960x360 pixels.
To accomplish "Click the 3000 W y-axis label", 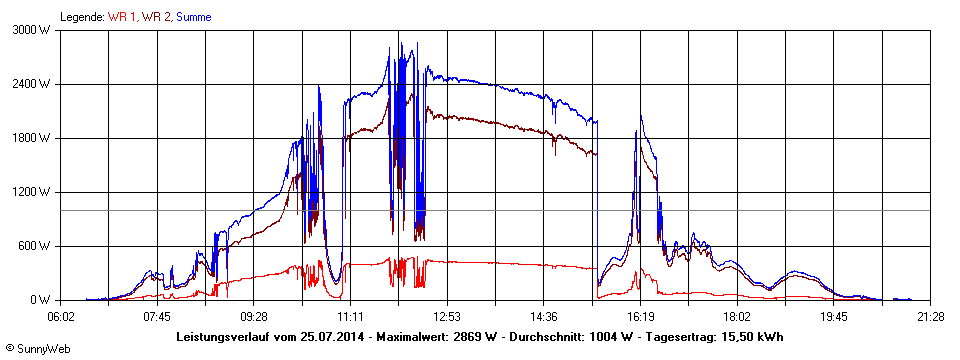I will pyautogui.click(x=32, y=30).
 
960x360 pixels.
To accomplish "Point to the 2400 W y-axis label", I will pyautogui.click(x=32, y=84).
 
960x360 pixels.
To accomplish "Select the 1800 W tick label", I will pyautogui.click(x=32, y=138).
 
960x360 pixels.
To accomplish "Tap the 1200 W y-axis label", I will pyautogui.click(x=32, y=192).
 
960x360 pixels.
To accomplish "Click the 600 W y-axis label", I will pyautogui.click(x=35, y=246).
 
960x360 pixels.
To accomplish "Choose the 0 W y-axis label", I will pyautogui.click(x=41, y=300).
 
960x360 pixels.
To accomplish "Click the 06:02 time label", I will pyautogui.click(x=61, y=317).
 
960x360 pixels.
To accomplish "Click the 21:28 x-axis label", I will pyautogui.click(x=930, y=317).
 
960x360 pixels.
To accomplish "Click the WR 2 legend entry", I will pyautogui.click(x=156, y=17).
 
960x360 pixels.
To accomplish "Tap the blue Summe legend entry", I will pyautogui.click(x=193, y=17).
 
